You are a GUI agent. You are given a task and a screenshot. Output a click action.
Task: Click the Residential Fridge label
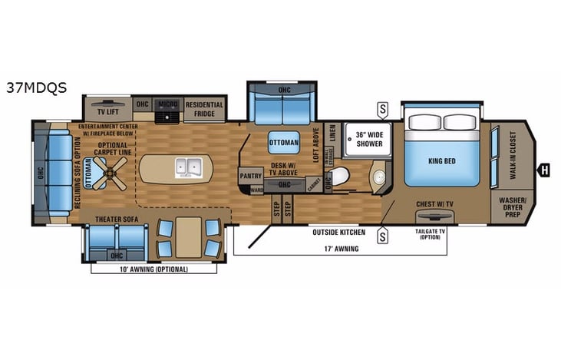[204, 109]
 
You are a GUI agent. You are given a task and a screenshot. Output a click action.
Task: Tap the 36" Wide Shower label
[365, 139]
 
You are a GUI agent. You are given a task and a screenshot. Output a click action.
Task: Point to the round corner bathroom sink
[380, 178]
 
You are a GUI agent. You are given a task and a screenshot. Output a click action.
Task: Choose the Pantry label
[251, 175]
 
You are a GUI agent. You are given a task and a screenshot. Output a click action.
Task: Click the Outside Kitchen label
[338, 230]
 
